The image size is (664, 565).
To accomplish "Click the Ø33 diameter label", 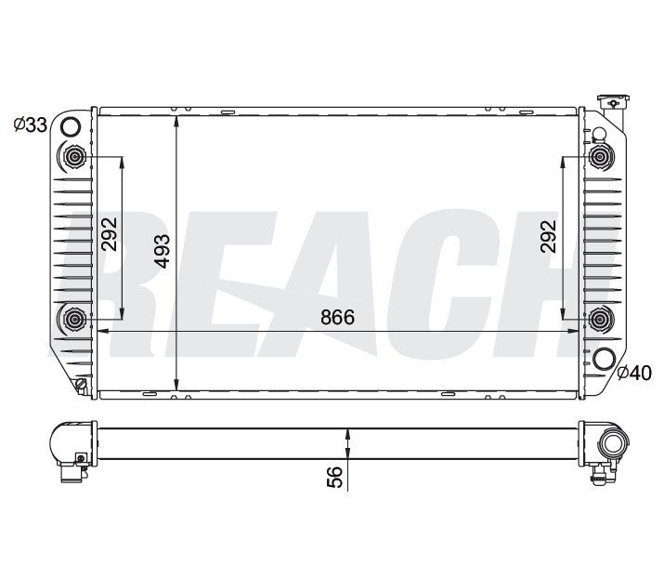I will pos(30,125).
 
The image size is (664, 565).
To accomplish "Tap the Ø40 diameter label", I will pos(635,374).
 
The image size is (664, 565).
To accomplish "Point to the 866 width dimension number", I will pos(338,317).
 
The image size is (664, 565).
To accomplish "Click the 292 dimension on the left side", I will pos(110,236).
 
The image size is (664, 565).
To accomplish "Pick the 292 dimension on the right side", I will pos(548,236).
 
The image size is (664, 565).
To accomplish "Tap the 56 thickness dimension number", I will pos(335,477).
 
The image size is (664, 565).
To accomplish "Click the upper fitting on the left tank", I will pos(72,156).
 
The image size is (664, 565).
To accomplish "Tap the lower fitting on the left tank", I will pos(72,322).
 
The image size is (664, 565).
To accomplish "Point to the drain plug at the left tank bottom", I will pos(82,383).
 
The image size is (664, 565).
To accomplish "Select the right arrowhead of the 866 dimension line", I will pos(574,331).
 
